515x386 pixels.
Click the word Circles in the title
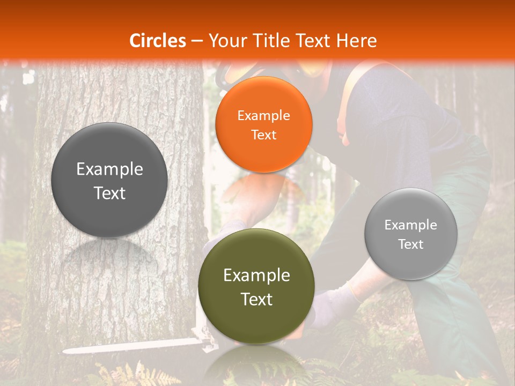[x=157, y=41]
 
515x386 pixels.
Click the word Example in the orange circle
[x=263, y=115]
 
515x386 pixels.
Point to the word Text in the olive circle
[x=256, y=299]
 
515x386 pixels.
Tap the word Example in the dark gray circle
[x=109, y=169]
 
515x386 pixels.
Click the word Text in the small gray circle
[x=411, y=244]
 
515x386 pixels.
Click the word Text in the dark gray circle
[x=109, y=194]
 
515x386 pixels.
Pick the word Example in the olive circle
[x=256, y=276]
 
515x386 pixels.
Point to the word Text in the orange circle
[x=263, y=135]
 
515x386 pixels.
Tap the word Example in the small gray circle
[x=411, y=225]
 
